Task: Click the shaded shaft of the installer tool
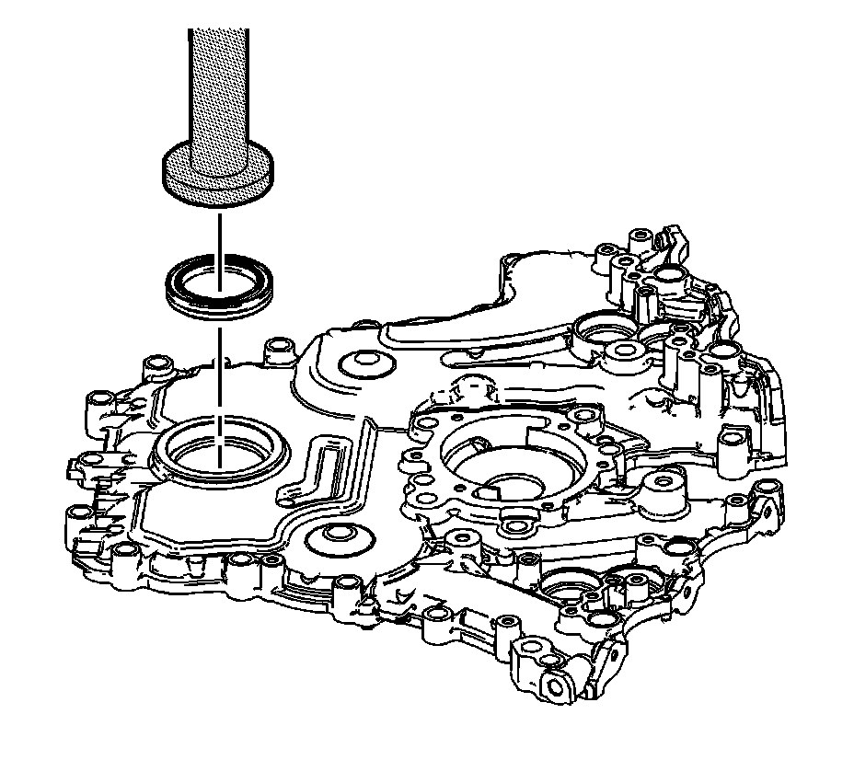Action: click(218, 83)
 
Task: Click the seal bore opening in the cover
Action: click(221, 451)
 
